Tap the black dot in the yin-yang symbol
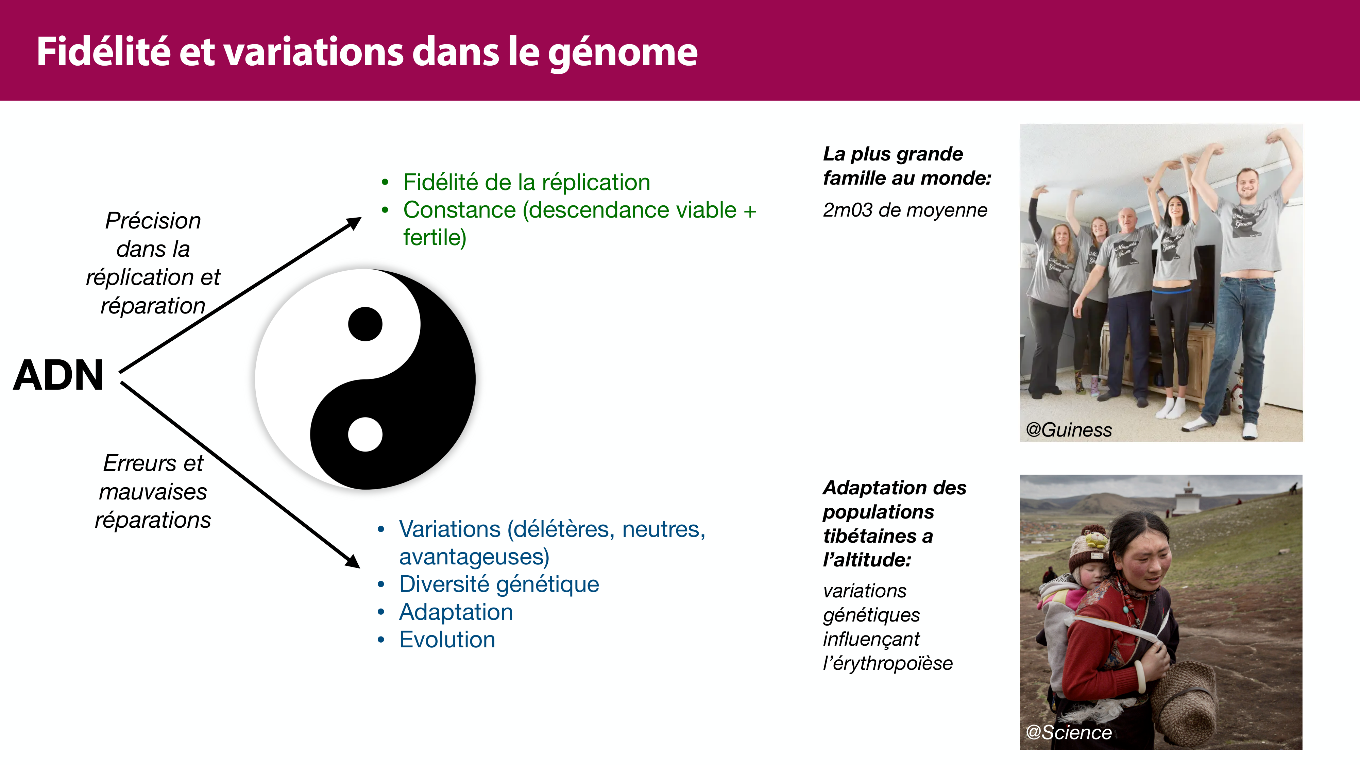[x=365, y=324]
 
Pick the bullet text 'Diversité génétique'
[x=499, y=584]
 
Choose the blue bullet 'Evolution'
[x=447, y=640]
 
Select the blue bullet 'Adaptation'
[x=456, y=612]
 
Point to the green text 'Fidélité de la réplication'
[x=526, y=183]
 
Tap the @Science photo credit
[x=1069, y=732]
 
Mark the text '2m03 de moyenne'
[x=905, y=210]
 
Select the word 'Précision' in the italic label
[x=153, y=221]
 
